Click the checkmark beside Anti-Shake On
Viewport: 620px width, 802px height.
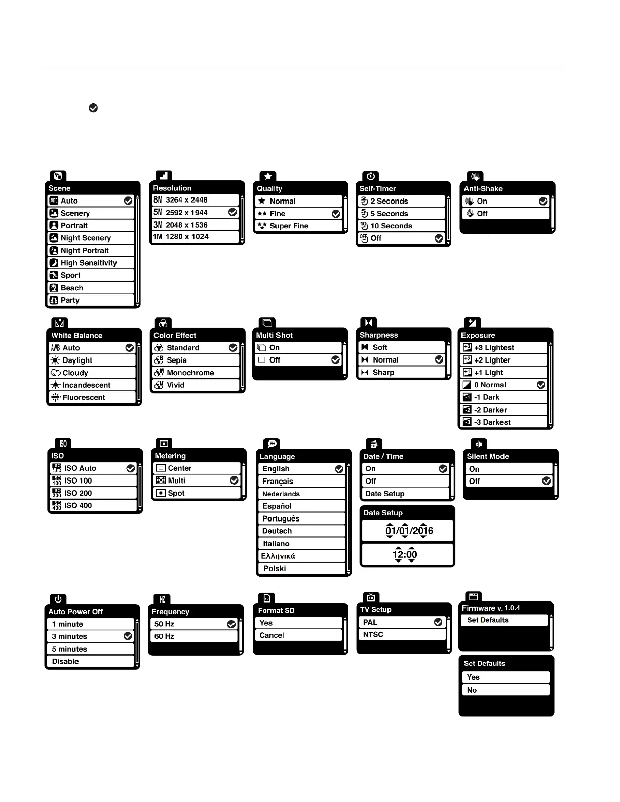point(543,201)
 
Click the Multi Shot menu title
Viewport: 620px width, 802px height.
point(275,335)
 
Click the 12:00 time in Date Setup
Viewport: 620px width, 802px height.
point(405,554)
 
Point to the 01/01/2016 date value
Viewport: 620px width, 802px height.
point(409,531)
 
